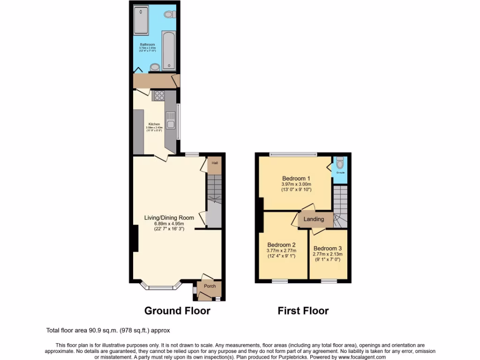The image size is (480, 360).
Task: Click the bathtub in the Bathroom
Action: click(x=169, y=50)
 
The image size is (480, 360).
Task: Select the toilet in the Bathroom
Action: click(x=169, y=15)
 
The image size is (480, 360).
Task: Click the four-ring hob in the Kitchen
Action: click(x=158, y=96)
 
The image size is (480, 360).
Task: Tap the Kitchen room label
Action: click(x=154, y=124)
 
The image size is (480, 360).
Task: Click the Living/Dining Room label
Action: click(x=169, y=217)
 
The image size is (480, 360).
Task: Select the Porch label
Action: click(x=210, y=286)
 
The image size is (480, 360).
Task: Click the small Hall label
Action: click(x=215, y=163)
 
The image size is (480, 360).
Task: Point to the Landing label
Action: click(x=314, y=219)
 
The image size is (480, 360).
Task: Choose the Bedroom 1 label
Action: click(x=296, y=178)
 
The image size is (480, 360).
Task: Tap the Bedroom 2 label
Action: click(x=281, y=245)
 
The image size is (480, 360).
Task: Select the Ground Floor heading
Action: click(x=177, y=310)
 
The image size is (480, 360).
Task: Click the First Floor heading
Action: click(x=303, y=310)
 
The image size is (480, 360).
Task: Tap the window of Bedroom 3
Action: click(x=329, y=281)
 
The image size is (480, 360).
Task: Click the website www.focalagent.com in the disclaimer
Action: click(x=359, y=357)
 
